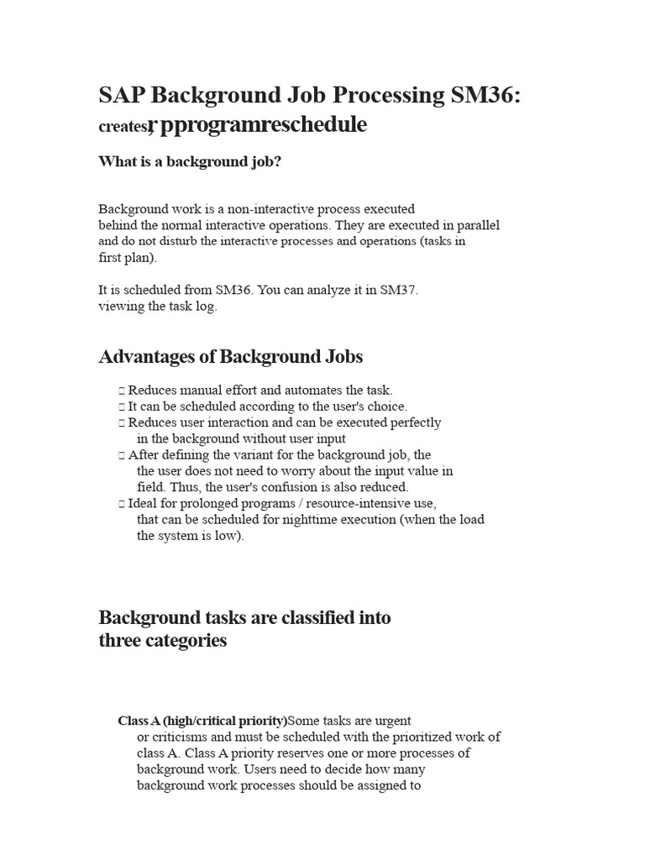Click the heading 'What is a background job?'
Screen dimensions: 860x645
pos(190,161)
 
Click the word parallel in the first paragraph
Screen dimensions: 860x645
pos(475,225)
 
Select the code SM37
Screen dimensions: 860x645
pos(398,290)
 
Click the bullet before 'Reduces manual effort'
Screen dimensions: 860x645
pos(122,391)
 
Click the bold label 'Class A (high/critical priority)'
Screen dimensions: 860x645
pos(202,721)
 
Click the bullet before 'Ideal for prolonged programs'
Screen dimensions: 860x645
pos(122,504)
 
